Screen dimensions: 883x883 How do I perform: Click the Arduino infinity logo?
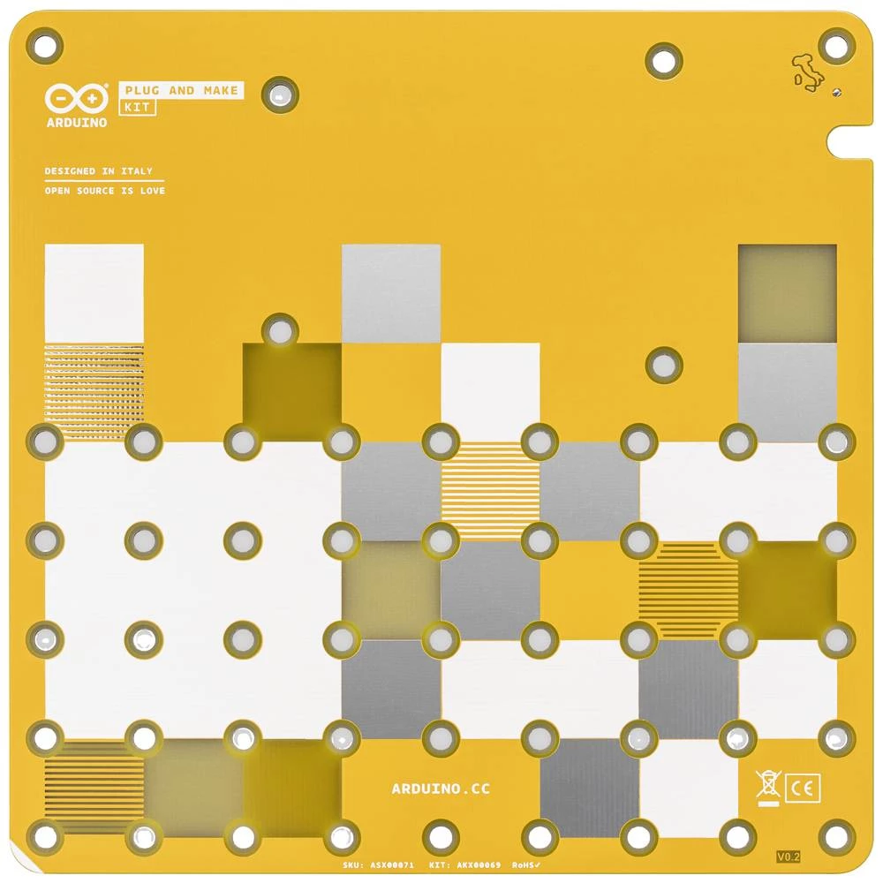click(77, 97)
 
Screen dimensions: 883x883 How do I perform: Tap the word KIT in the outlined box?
click(137, 108)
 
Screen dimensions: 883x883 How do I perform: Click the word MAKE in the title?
click(220, 90)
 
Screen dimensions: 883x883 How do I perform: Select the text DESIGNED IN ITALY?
click(98, 171)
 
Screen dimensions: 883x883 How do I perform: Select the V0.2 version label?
click(788, 857)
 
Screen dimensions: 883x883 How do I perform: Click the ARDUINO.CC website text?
click(441, 789)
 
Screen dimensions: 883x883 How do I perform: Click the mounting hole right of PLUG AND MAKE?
click(281, 94)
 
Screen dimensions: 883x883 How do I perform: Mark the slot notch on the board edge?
click(854, 140)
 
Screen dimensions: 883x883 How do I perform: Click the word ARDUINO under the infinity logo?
click(77, 122)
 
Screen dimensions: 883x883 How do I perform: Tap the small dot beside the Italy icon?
click(836, 91)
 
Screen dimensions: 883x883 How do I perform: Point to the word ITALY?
click(137, 171)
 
